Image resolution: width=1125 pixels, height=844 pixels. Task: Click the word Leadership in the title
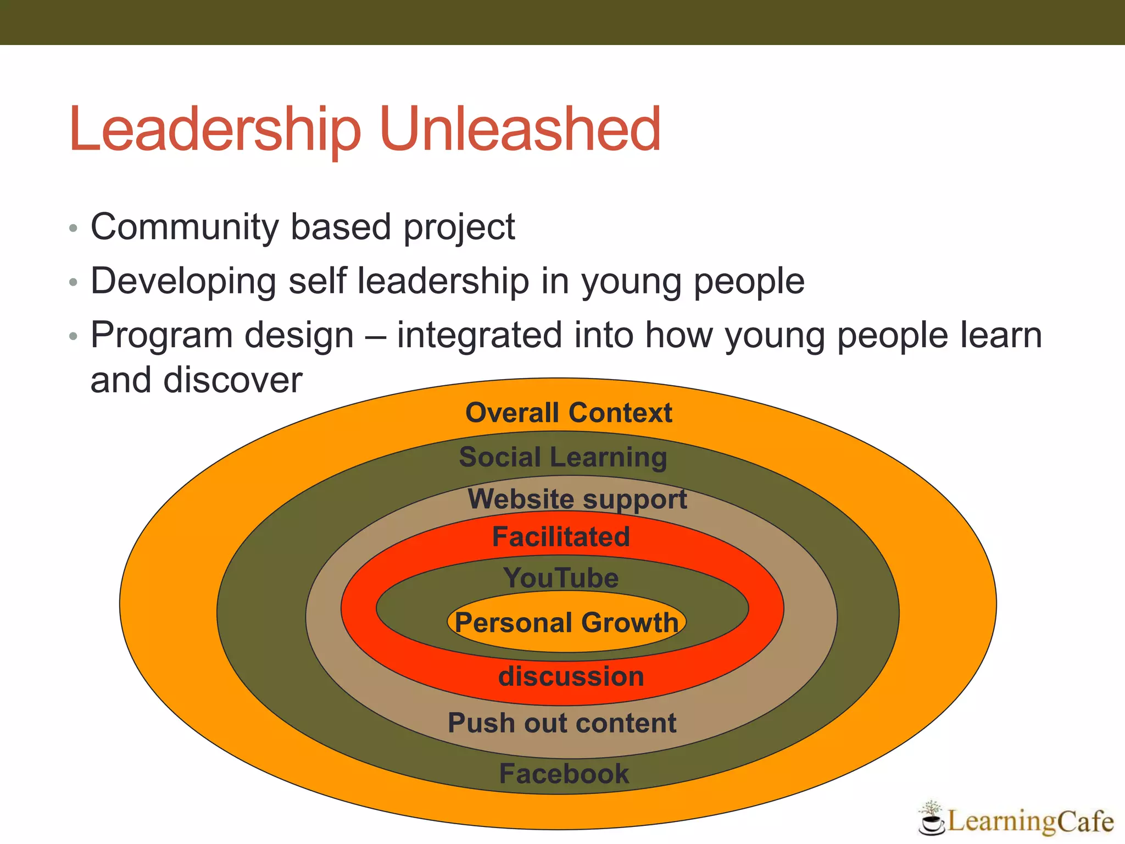pyautogui.click(x=215, y=130)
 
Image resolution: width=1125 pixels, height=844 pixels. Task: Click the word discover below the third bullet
pyautogui.click(x=233, y=380)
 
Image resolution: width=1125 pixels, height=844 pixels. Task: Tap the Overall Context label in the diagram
pyautogui.click(x=569, y=413)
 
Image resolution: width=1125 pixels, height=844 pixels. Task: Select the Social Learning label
pyautogui.click(x=563, y=457)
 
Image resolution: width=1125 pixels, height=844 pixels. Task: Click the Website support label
pyautogui.click(x=577, y=499)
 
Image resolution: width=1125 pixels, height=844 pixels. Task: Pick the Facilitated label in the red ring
pyautogui.click(x=561, y=537)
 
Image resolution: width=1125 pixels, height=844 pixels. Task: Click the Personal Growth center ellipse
pyautogui.click(x=567, y=623)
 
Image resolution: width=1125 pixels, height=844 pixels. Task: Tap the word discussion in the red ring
pyautogui.click(x=571, y=676)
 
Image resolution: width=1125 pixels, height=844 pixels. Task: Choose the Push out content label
pyautogui.click(x=562, y=723)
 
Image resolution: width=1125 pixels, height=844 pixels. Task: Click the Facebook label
pyautogui.click(x=564, y=774)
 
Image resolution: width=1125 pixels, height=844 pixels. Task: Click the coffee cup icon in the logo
pyautogui.click(x=932, y=821)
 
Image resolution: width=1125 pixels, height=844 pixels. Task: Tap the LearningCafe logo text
pyautogui.click(x=1030, y=821)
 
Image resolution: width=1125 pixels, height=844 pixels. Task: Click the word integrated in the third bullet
pyautogui.click(x=480, y=336)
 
